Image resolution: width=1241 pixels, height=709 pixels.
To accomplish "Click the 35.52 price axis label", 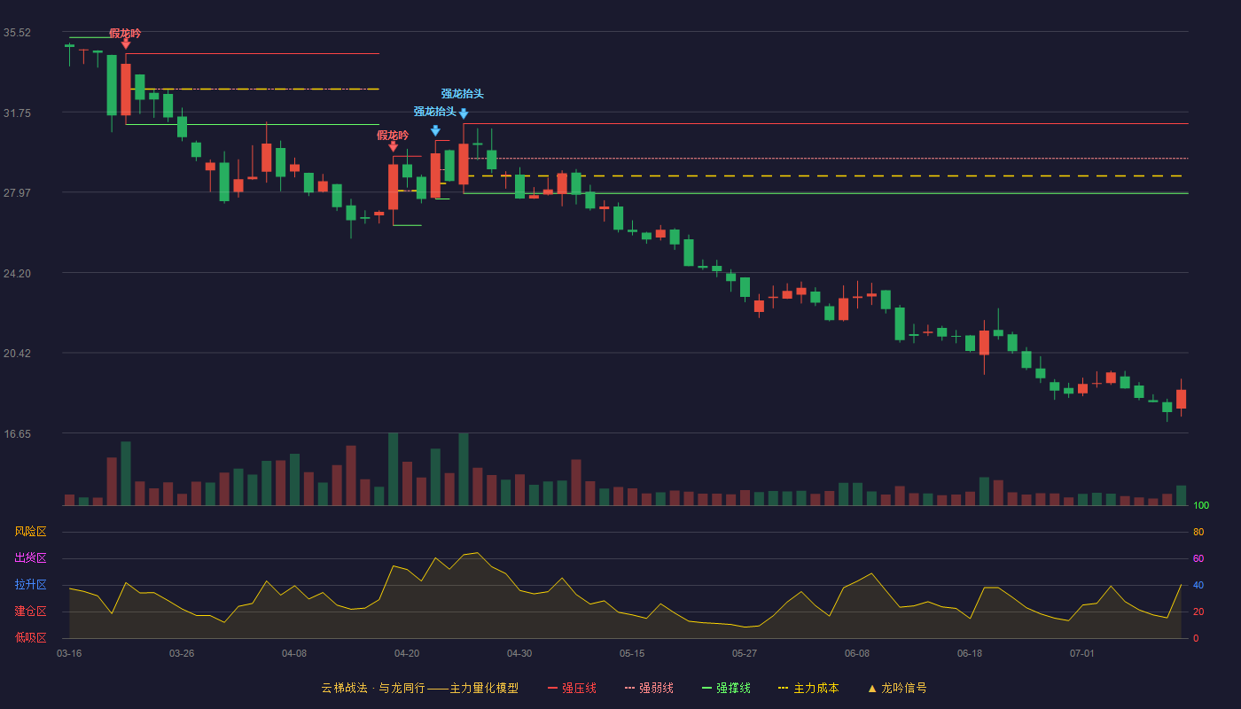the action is (x=17, y=33).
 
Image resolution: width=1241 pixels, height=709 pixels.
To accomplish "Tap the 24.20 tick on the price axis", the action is (x=17, y=274).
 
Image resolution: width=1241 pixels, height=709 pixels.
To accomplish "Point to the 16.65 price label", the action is (x=17, y=434).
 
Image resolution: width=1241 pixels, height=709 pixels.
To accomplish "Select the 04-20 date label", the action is (x=407, y=654).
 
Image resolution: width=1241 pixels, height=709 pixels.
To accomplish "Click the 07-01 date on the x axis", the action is (x=1082, y=654).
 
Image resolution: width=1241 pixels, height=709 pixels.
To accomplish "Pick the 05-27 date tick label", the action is (x=744, y=654).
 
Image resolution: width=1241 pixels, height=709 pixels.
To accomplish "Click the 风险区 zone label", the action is (x=30, y=532).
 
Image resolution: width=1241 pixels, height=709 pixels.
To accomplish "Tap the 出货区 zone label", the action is (x=30, y=557).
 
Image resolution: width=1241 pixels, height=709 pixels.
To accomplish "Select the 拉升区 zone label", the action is (x=30, y=584).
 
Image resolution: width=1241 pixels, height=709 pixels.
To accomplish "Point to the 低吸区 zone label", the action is (x=30, y=637).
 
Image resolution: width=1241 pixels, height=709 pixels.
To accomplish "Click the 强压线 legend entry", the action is (x=572, y=688).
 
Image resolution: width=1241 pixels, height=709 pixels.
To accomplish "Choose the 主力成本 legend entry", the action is (x=808, y=688).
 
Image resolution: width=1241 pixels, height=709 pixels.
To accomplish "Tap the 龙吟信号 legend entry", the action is (x=897, y=688).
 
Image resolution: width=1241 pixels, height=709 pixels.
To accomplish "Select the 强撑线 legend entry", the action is (x=726, y=688).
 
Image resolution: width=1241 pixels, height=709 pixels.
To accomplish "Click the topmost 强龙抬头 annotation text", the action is (x=463, y=94).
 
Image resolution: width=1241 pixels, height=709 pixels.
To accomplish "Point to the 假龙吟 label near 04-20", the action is (x=393, y=135).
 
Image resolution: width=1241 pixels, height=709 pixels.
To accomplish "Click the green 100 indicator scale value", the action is (x=1201, y=505).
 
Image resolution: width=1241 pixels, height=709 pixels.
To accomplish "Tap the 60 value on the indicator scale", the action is (x=1198, y=558).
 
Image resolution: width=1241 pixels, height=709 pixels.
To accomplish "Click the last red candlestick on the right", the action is (x=1181, y=398).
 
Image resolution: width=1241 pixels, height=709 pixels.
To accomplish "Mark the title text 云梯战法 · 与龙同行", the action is (x=373, y=688).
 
